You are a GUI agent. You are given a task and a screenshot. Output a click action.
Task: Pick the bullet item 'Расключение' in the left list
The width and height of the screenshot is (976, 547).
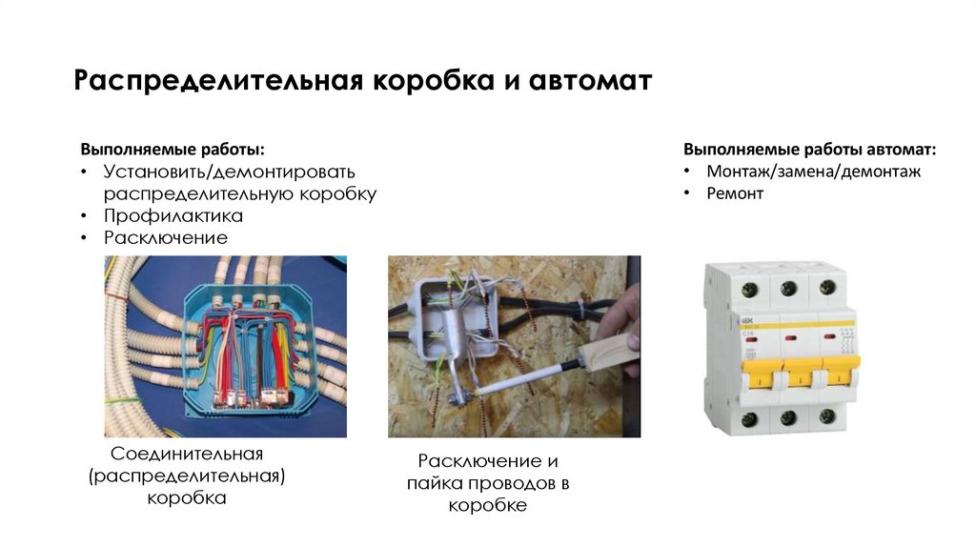tap(166, 237)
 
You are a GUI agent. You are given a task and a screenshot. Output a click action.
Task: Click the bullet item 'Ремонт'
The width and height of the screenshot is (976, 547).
tap(735, 192)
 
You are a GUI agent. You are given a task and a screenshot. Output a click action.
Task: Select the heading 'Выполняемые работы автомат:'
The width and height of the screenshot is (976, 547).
tap(809, 150)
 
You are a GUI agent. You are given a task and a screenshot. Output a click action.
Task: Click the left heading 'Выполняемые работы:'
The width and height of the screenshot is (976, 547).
tap(173, 150)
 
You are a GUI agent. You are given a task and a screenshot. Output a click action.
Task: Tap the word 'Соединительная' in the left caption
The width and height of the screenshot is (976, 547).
tap(187, 453)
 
